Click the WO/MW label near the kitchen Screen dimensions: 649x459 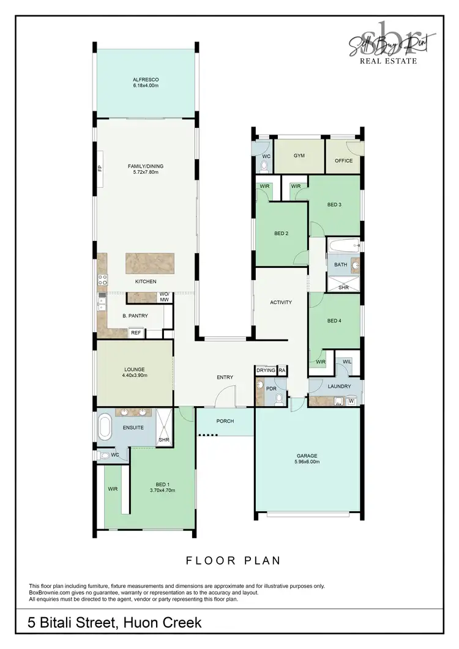pos(164,297)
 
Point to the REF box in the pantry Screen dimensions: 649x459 pos(136,333)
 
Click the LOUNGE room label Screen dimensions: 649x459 pos(134,369)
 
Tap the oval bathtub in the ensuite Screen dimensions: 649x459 pos(105,428)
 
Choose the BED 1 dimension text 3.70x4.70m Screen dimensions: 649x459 pos(162,490)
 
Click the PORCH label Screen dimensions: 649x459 pos(225,421)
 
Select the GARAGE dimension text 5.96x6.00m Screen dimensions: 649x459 pos(307,462)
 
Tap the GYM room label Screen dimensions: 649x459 pos(299,155)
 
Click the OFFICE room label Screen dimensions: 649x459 pos(344,161)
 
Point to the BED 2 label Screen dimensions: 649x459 pos(281,233)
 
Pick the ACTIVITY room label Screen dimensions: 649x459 pos(281,302)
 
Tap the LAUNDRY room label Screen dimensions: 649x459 pos(339,386)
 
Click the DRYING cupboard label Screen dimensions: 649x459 pos(266,370)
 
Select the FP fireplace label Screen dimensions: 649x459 pos(100,168)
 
